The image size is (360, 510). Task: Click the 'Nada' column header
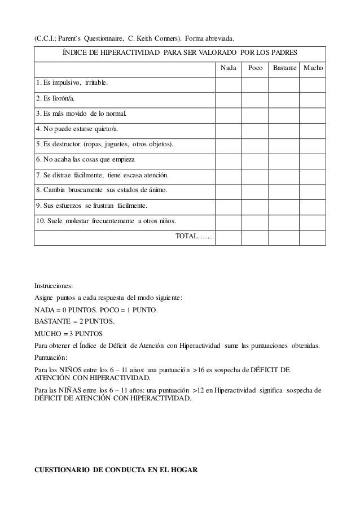click(229, 68)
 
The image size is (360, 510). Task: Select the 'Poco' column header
click(255, 68)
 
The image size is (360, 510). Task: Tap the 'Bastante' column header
click(284, 68)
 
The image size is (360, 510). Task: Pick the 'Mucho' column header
click(313, 68)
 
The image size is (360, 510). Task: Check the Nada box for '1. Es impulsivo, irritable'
click(229, 84)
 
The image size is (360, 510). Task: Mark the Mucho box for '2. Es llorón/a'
click(312, 99)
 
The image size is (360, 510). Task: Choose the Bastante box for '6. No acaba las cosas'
click(283, 160)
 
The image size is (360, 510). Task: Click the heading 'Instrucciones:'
click(54, 285)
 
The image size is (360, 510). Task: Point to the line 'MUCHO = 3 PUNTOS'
click(65, 333)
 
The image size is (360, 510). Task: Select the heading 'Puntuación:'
click(51, 357)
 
